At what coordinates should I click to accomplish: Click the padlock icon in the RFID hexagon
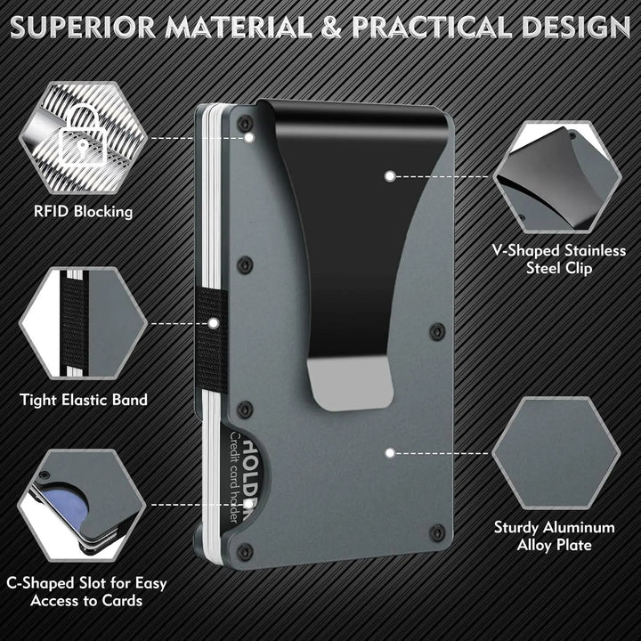click(78, 134)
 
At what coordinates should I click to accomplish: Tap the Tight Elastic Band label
click(84, 400)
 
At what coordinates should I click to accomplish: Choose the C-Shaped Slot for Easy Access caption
click(85, 593)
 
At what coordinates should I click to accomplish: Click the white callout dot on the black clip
click(389, 176)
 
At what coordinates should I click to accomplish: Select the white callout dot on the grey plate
click(389, 452)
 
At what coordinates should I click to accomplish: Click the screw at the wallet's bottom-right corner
click(436, 532)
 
